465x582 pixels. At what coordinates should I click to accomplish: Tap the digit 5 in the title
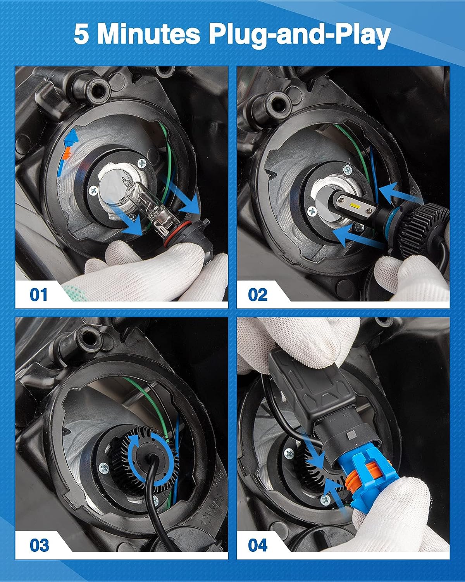click(x=81, y=35)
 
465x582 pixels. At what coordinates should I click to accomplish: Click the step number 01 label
click(x=39, y=294)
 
